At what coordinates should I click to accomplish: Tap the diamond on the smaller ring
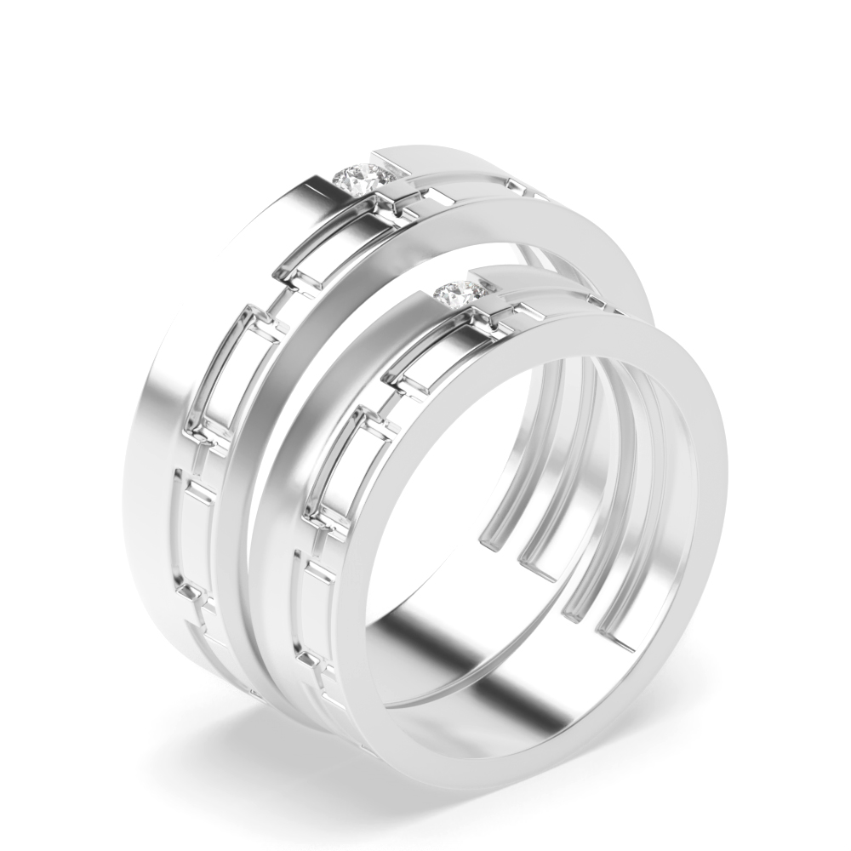pos(460,292)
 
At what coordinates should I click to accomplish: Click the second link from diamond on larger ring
pos(234,374)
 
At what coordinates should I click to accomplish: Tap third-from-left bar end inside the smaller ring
pos(579,608)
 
